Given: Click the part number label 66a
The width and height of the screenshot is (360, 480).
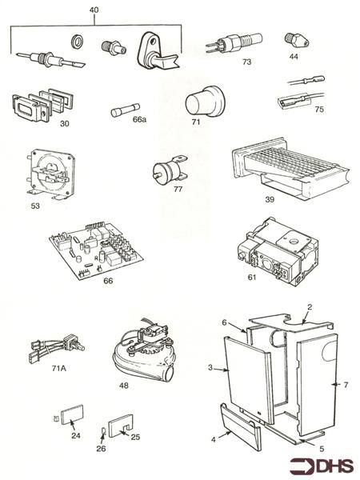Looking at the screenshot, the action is click(x=139, y=119).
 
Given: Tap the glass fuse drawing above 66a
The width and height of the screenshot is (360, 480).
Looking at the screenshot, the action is click(x=126, y=110).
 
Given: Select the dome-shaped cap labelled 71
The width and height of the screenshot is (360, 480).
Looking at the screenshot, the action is click(x=205, y=102).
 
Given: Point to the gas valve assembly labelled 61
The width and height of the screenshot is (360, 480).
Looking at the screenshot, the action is click(x=278, y=251).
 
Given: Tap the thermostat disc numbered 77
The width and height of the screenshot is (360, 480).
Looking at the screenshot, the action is click(x=170, y=170).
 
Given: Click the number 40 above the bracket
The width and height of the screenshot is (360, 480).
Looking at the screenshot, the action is click(x=94, y=10).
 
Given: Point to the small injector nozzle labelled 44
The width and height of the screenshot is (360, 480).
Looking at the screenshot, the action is click(x=296, y=40).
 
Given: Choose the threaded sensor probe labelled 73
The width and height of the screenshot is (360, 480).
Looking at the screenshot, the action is click(x=234, y=43).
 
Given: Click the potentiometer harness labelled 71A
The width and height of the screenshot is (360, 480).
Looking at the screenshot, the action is click(x=57, y=348).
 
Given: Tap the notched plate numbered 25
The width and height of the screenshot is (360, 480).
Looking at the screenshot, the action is click(x=120, y=426).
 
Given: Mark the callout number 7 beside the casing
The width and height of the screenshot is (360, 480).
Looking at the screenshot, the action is click(x=346, y=385).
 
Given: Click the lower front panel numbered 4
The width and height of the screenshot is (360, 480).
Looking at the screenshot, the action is click(x=241, y=426).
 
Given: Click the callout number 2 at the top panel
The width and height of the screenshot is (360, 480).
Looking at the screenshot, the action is click(x=310, y=307).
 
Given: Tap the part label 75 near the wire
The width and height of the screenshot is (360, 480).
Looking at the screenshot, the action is click(x=319, y=110).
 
